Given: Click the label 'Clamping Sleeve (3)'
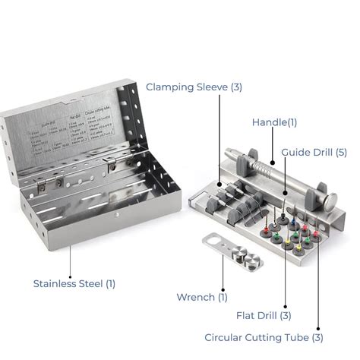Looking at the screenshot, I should click(194, 87).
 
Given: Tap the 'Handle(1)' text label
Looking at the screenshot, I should click(274, 122).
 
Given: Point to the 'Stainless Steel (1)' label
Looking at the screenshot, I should click(74, 283).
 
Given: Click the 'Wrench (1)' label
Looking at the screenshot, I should click(201, 297).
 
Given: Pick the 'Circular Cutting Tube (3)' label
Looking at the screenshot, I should click(264, 336).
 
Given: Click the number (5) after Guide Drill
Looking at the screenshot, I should click(340, 152).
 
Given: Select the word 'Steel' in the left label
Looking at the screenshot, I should click(90, 283).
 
